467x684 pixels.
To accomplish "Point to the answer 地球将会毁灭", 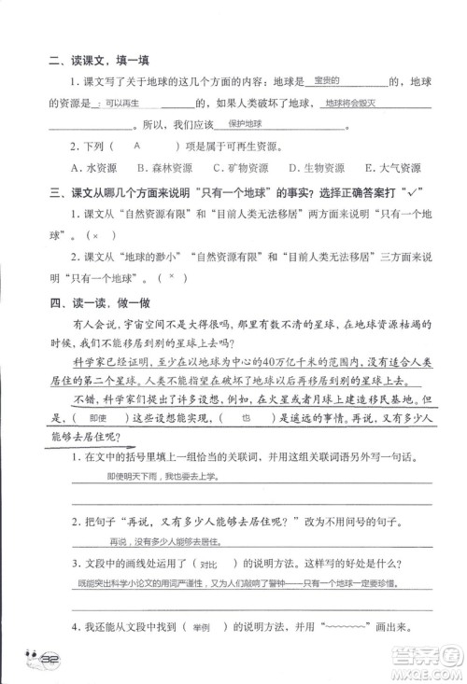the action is [348, 104].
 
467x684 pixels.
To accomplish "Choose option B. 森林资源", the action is [163, 169].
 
